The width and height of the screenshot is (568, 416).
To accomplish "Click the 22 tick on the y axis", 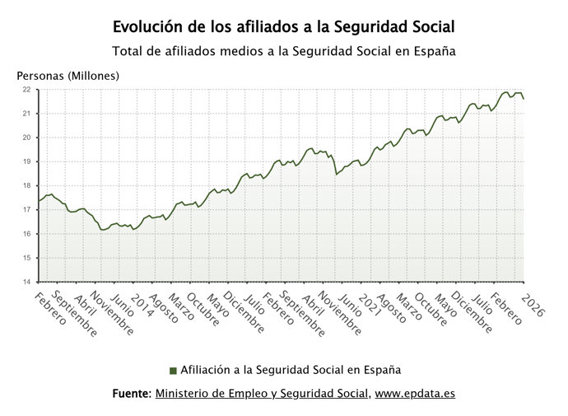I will click(x=26, y=89).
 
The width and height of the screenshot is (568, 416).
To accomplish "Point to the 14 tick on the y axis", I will click(x=26, y=282).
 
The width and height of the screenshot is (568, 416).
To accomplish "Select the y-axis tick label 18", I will click(x=26, y=185).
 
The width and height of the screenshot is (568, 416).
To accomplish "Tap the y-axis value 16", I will click(x=26, y=234).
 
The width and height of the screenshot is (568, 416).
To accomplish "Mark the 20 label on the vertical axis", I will click(x=26, y=138).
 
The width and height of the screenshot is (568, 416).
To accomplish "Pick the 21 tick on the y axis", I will click(x=26, y=113).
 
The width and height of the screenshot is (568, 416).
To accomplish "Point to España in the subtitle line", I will click(x=434, y=51).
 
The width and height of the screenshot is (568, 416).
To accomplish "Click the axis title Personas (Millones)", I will click(x=68, y=76).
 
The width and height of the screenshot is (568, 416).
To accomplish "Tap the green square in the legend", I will click(x=173, y=370).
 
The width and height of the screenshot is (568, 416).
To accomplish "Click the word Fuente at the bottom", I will click(x=131, y=395).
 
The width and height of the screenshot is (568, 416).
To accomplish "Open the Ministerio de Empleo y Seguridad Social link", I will click(x=262, y=395).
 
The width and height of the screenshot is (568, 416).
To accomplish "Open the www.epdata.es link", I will click(x=415, y=395).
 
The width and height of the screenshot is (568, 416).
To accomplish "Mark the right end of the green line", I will click(x=524, y=99).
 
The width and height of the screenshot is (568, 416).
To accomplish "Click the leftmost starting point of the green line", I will click(x=38, y=201).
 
